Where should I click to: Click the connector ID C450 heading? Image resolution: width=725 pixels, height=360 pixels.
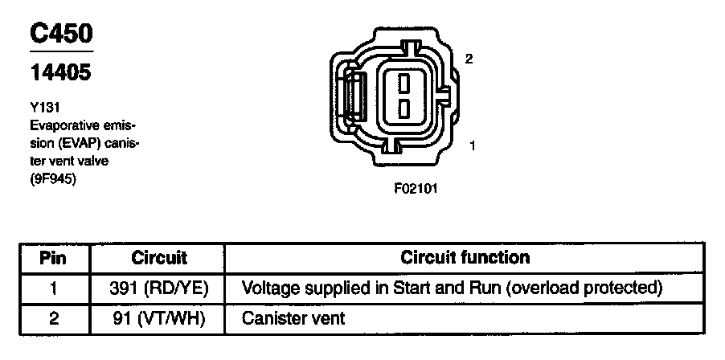tap(61, 33)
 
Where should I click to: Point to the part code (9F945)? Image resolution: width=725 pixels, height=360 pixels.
tap(53, 180)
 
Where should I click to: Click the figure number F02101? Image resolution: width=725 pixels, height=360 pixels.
tap(416, 190)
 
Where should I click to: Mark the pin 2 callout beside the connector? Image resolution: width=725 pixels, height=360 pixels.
tap(469, 59)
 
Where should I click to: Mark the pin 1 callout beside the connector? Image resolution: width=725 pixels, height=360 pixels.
tap(473, 146)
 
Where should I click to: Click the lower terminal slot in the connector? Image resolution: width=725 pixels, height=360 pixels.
tap(403, 107)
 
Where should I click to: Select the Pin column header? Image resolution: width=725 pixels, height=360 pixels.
tap(53, 258)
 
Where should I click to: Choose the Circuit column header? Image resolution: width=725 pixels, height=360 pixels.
tap(159, 258)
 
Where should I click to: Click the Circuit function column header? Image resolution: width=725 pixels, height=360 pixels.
tap(465, 258)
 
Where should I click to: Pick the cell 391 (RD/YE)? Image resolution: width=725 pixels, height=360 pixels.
tap(159, 288)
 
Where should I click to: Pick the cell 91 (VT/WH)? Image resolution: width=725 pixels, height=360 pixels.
tap(159, 318)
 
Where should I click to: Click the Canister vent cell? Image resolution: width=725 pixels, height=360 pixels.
tap(293, 318)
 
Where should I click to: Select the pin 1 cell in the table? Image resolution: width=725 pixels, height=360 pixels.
tap(54, 288)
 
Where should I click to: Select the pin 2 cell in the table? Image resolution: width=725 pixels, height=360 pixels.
tap(54, 318)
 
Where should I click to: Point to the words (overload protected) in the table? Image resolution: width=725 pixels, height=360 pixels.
tap(584, 288)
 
